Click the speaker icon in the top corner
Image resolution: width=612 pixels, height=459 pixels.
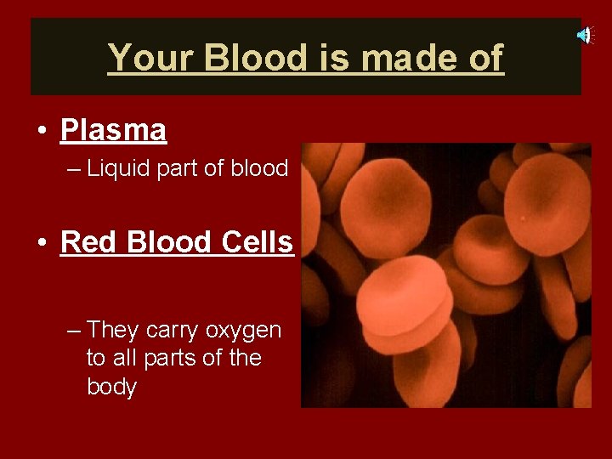coord(584,35)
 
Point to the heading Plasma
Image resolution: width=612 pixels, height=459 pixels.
coord(113,130)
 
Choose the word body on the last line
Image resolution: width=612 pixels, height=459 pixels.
coord(111,387)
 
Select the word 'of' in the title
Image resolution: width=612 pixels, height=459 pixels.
coord(484,58)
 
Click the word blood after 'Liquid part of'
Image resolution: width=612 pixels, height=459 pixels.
coord(261,168)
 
